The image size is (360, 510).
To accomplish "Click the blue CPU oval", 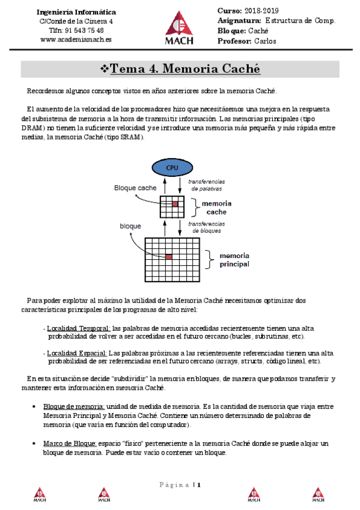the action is (172, 168).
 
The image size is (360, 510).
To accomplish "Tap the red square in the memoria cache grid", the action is (175, 204).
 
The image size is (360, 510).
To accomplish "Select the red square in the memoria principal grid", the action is (169, 257).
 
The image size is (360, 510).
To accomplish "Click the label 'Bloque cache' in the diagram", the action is (135, 188).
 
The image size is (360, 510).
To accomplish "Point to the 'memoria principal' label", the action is (234, 260).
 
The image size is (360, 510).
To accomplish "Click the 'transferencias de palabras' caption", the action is (207, 185).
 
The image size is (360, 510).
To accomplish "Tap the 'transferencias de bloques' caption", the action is (207, 227).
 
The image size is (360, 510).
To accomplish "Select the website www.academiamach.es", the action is (76, 39).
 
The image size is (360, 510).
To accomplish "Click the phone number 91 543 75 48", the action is (85, 30).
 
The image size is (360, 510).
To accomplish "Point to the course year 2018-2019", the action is (261, 11).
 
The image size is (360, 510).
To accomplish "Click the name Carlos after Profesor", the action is (265, 41).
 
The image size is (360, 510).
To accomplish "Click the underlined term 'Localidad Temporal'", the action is (79, 328).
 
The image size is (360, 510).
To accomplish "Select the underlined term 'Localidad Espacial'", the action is (77, 353).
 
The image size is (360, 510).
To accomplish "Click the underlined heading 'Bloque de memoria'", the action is (74, 406).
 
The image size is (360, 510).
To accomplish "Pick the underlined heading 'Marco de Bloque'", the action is (70, 443).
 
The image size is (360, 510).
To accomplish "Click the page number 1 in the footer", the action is (199, 485).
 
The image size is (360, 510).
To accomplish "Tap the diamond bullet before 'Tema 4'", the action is (105, 69).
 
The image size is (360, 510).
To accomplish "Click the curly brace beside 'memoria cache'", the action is (195, 207).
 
